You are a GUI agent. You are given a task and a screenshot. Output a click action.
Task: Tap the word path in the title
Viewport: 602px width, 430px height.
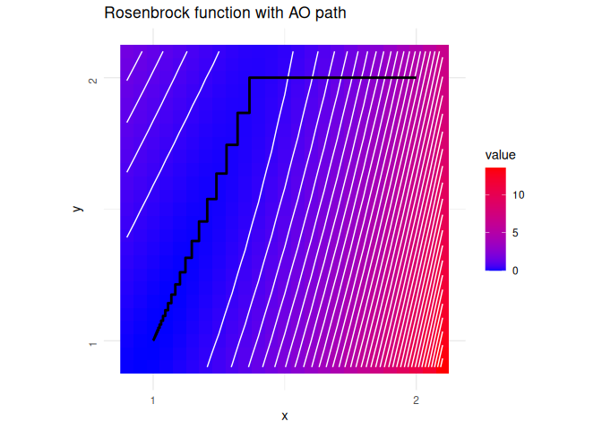pos(331,13)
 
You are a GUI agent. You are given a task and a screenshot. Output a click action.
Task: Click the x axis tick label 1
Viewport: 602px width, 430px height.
pos(153,400)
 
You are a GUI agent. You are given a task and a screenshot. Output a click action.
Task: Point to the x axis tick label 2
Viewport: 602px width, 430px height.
pos(416,400)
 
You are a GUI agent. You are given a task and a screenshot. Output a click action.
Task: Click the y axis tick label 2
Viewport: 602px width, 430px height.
pos(93,81)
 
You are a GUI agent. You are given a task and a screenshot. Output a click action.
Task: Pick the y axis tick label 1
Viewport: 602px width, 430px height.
pos(93,344)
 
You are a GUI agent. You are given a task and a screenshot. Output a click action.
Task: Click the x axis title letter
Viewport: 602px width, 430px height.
pos(285,416)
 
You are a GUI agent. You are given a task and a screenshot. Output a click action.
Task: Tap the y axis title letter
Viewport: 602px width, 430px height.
pos(78,209)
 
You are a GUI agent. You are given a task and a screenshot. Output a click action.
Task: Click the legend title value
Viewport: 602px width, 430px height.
pos(500,155)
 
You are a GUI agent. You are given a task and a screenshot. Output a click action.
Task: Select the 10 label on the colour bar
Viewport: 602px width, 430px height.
pos(519,195)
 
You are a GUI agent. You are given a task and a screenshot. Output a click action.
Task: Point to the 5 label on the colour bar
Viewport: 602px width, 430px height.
pos(515,233)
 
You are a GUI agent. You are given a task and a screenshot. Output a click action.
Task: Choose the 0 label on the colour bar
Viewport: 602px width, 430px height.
pos(515,271)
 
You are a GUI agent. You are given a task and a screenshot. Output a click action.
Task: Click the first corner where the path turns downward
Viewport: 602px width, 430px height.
pos(250,78)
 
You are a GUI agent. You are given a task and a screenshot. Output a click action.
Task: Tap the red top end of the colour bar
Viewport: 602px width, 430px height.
pos(495,168)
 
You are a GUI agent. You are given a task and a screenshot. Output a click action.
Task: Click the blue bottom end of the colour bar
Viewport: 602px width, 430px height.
pos(495,270)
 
